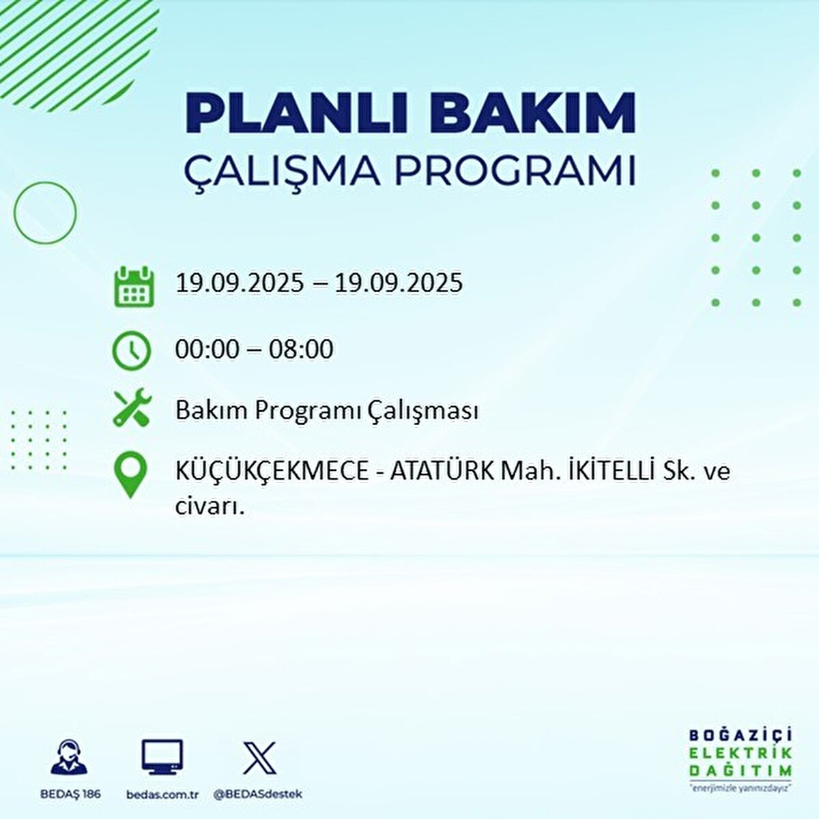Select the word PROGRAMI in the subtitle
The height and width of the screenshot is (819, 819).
[x=515, y=171]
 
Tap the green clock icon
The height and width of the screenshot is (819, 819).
[x=131, y=351]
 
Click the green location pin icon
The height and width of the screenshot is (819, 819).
[x=130, y=476]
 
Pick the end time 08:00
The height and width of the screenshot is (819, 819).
[x=300, y=349]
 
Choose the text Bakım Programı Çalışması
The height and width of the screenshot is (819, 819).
[x=326, y=411]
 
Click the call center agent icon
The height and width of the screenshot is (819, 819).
[x=69, y=757]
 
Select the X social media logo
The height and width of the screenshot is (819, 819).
[x=259, y=758]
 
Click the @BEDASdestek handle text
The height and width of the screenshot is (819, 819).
[x=258, y=794]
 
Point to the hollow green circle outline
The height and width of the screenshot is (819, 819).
[x=45, y=213]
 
